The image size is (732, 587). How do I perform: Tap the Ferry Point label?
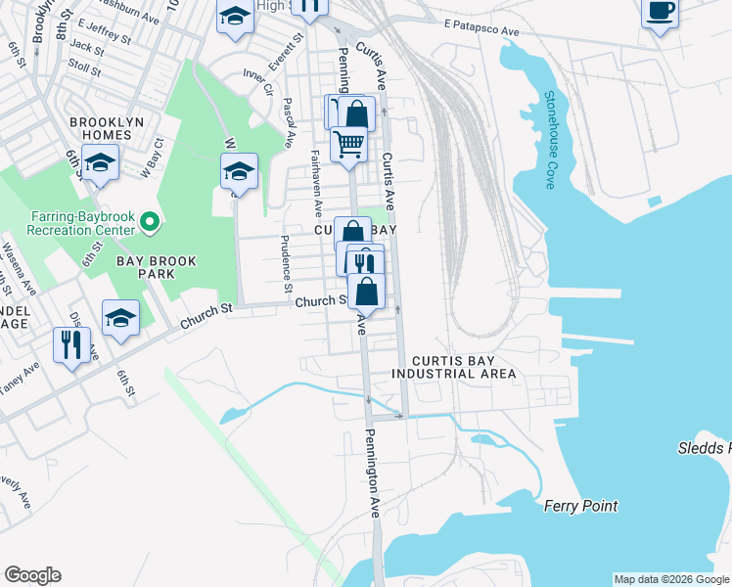click(x=580, y=506)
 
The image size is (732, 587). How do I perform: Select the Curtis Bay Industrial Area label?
click(x=453, y=367)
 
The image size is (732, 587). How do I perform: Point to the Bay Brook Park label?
click(x=157, y=267)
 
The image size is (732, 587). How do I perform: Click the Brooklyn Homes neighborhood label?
click(x=101, y=127)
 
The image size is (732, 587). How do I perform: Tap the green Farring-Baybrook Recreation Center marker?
click(x=150, y=223)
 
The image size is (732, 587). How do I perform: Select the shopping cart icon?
click(x=348, y=144)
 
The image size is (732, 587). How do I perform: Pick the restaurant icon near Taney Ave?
click(x=71, y=344)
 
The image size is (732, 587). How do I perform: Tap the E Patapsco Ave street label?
click(x=480, y=31)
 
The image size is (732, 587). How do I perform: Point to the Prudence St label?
click(x=286, y=263)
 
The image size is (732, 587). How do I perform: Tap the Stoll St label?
click(x=85, y=68)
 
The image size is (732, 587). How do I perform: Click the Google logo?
click(x=32, y=575)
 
